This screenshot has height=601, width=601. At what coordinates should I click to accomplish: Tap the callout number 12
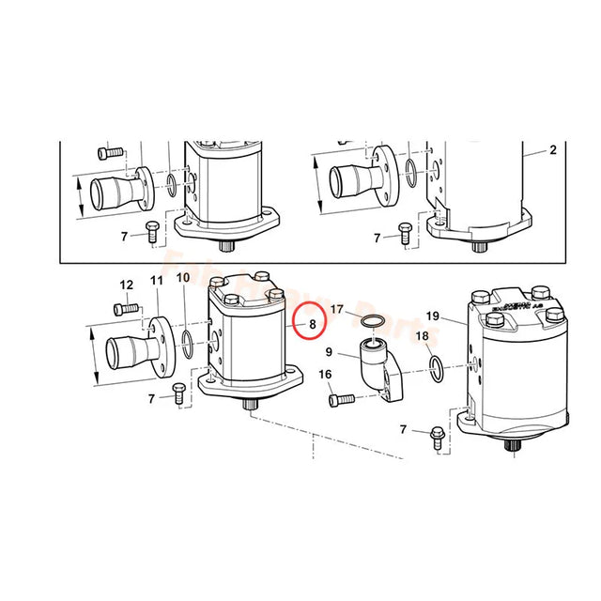pos(127,285)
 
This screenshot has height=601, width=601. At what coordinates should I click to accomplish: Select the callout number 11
pos(156,280)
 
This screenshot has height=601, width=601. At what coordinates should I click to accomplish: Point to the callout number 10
pos(183,278)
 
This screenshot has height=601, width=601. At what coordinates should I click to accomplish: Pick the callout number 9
pos(329,354)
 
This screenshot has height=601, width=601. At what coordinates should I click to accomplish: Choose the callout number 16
pos(326,376)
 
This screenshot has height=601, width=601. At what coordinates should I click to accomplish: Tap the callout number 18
pos(422,336)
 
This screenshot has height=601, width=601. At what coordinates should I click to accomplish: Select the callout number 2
pos(553,150)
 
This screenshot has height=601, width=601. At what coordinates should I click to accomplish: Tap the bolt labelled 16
pos(343,400)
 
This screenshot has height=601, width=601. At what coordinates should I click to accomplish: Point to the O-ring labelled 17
pos(372,322)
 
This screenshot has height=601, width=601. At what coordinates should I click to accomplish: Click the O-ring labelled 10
pos(189,344)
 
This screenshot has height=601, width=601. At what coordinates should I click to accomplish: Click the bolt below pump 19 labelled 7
pos(439,434)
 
